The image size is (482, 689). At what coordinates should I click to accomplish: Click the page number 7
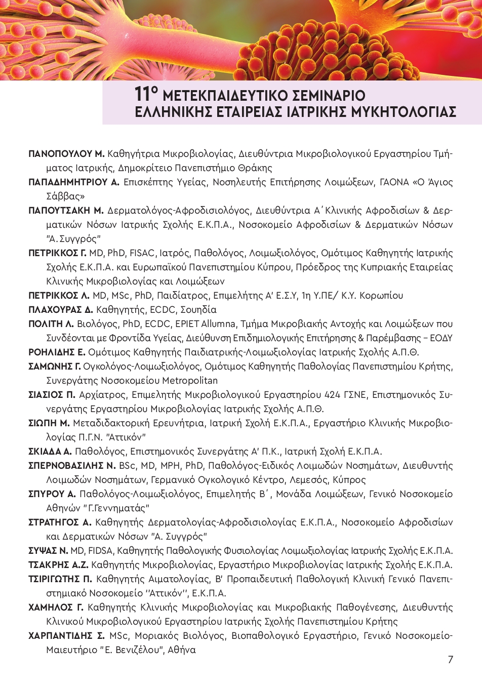tap(450, 659)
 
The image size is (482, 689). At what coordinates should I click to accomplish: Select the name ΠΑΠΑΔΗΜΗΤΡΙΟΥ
tap(69, 182)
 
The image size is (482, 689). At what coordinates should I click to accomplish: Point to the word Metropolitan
tap(188, 380)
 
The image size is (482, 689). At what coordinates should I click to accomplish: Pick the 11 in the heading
tap(143, 94)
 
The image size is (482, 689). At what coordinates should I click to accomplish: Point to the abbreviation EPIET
tap(186, 323)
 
